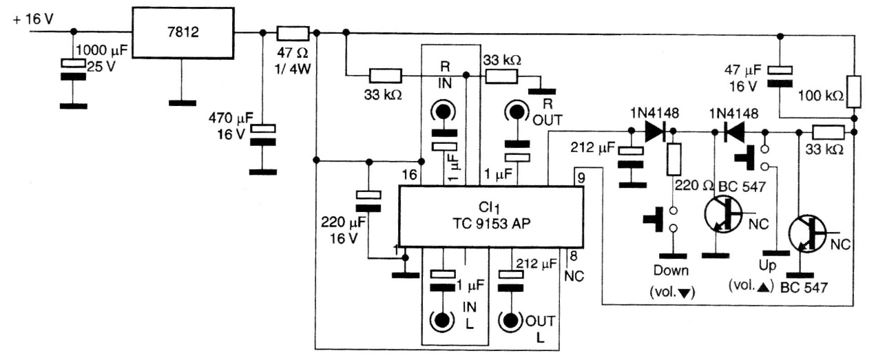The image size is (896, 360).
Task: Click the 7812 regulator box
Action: click(182, 32)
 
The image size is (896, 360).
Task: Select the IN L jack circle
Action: click(441, 320)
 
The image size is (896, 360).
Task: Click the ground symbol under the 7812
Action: click(181, 103)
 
